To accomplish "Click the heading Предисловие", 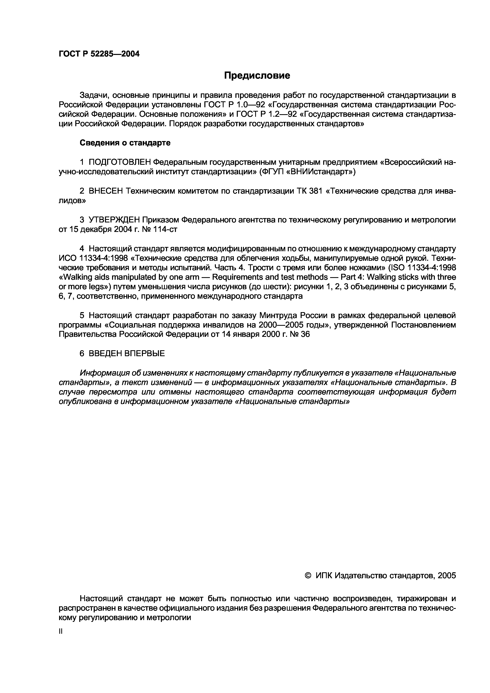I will click(257, 75).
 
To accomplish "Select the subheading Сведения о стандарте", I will click(125, 143).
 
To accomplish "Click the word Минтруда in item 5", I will click(275, 315).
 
